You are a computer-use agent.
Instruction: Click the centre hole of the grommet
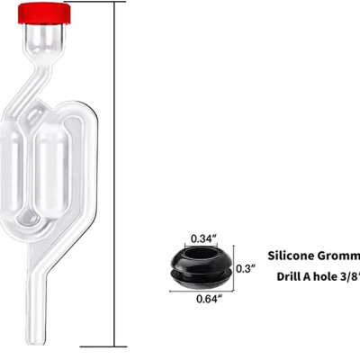[199, 260]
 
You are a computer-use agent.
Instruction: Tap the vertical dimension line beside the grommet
[231, 268]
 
